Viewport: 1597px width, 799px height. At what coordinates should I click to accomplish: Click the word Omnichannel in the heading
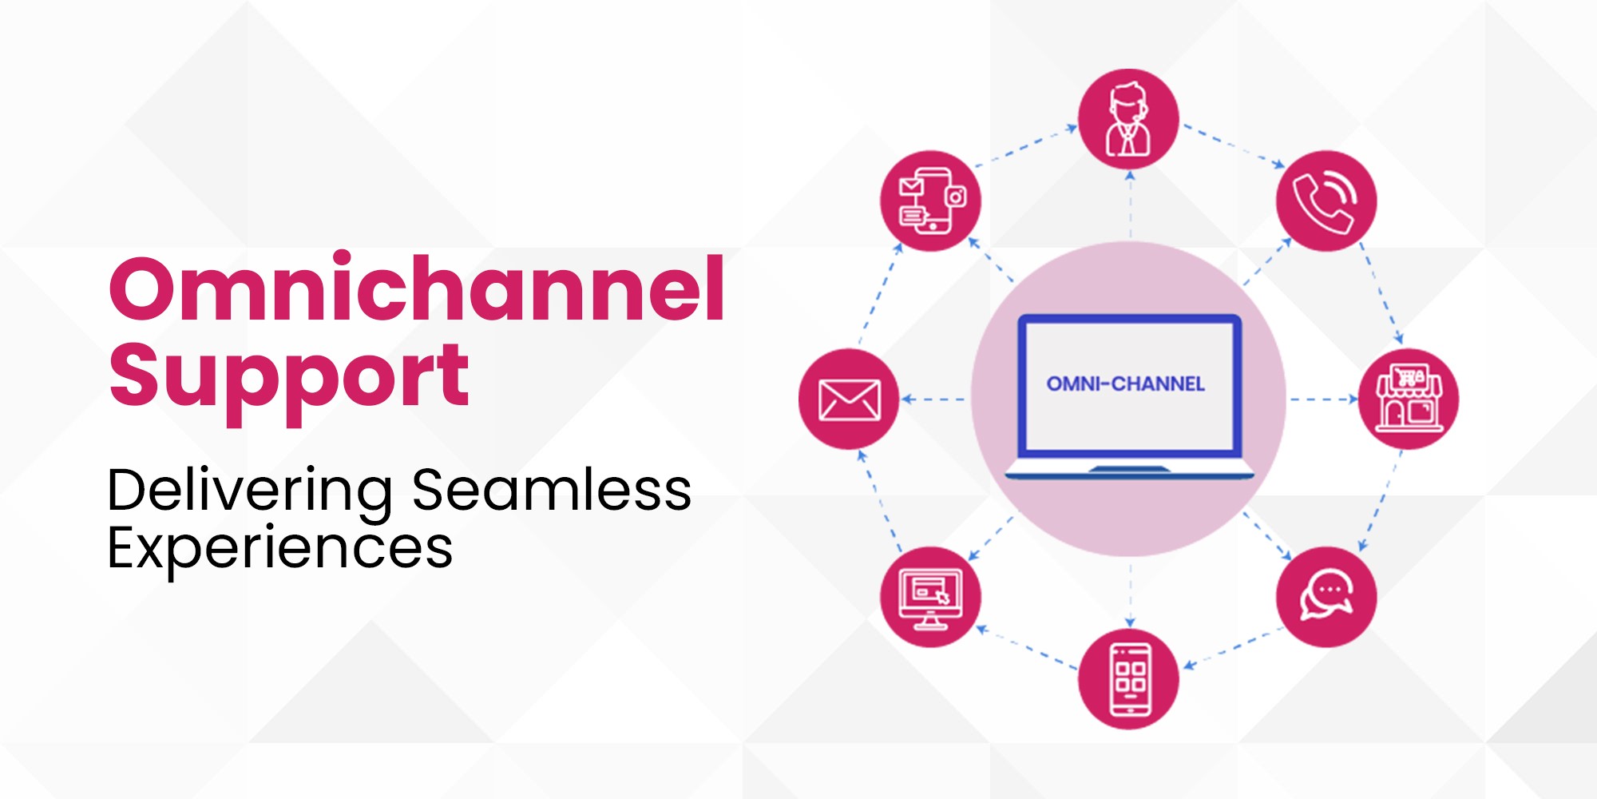pyautogui.click(x=417, y=287)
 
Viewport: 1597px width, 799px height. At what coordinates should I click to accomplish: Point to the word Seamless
pyautogui.click(x=552, y=489)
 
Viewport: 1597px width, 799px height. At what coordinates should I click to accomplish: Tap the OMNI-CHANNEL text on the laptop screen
pyautogui.click(x=1126, y=384)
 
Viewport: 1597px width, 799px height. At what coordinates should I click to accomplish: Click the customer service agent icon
pyautogui.click(x=1128, y=119)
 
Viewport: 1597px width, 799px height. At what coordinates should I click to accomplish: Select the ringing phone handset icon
pyautogui.click(x=1326, y=201)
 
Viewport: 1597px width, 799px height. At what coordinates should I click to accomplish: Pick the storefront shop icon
pyautogui.click(x=1409, y=399)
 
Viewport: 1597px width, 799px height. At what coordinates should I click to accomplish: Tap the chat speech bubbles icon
pyautogui.click(x=1326, y=597)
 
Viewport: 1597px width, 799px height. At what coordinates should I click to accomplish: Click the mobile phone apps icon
pyautogui.click(x=1128, y=679)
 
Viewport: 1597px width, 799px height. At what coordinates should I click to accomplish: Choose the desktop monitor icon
pyautogui.click(x=930, y=597)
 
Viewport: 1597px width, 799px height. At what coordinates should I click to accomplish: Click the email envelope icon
pyautogui.click(x=849, y=399)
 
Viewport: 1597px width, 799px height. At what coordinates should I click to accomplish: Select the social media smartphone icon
pyautogui.click(x=930, y=201)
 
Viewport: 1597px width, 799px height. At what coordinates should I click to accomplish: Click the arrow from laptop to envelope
pyautogui.click(x=933, y=399)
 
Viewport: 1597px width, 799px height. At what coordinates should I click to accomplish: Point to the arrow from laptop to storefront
pyautogui.click(x=1324, y=399)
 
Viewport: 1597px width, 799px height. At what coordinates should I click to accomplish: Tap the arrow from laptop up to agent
pyautogui.click(x=1130, y=205)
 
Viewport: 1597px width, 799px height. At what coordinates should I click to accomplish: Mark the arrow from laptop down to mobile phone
pyautogui.click(x=1130, y=595)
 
